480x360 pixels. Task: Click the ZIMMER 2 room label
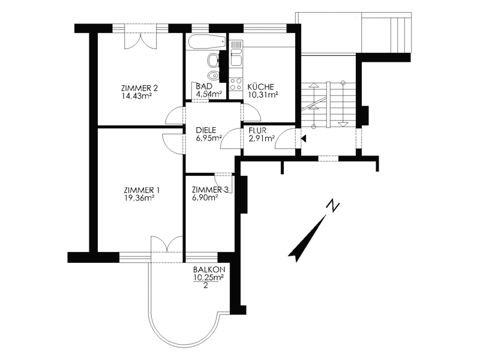pos(140,88)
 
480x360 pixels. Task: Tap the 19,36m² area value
pos(139,198)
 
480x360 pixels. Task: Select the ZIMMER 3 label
pos(210,190)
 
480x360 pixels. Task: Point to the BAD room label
pos(204,86)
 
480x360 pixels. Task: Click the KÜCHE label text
pos(261,86)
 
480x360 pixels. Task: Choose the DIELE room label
pos(206,130)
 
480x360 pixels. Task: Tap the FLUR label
pos(257,131)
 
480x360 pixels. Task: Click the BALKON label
pos(209,269)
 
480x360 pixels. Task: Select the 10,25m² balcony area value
pos(208,277)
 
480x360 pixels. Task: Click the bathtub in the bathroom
pos(206,42)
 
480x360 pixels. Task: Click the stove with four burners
pos(236,84)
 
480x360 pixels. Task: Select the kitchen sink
pos(236,58)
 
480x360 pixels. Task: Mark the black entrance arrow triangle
pos(304,139)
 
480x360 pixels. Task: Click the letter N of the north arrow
pos(333,206)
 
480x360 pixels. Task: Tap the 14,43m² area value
pos(137,96)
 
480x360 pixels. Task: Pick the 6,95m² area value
pos(209,138)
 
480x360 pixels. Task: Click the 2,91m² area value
pos(262,139)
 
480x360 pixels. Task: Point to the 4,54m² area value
pos(209,94)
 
